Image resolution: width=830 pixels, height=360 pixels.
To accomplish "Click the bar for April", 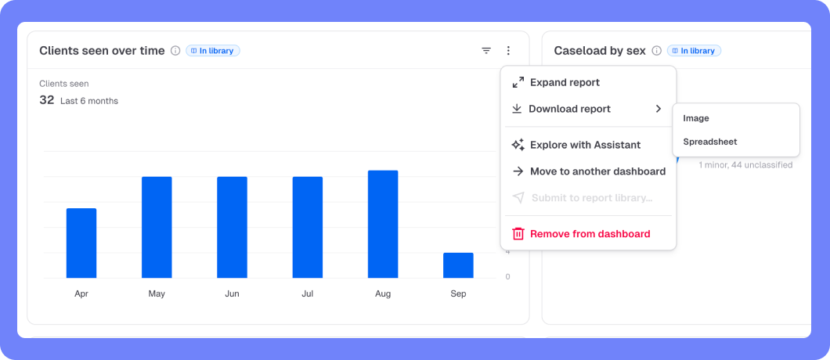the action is (81, 243).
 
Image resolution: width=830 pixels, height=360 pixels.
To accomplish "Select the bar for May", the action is (157, 227).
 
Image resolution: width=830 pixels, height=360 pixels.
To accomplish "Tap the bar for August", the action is (383, 224).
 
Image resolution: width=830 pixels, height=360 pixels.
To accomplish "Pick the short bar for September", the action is (458, 265).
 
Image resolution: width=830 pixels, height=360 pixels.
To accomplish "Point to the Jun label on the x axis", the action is (232, 293).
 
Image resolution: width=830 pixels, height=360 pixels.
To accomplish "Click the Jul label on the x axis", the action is (308, 293).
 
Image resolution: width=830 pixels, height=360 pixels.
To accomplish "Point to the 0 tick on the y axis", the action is (507, 276).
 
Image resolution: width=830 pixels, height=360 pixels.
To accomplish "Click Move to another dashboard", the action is (588, 171).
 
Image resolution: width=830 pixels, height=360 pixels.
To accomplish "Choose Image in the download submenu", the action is (695, 119).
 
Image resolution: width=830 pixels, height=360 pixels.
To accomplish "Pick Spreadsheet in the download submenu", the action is (710, 142).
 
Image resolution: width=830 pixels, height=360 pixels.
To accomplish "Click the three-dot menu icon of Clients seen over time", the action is (508, 51).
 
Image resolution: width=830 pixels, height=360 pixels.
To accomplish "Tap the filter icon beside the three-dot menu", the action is (486, 51).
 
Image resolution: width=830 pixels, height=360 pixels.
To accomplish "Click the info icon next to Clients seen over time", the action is (175, 51).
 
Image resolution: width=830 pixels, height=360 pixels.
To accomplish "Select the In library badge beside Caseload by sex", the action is (694, 51).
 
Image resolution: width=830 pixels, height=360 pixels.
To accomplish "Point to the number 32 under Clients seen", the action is (46, 100).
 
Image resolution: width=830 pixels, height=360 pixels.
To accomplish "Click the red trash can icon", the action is (518, 234).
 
